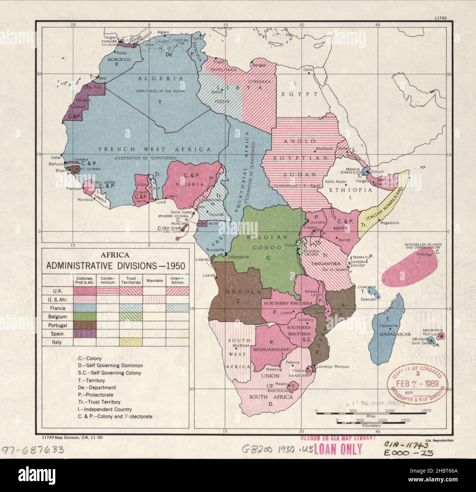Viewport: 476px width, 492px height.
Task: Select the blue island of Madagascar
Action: (x=387, y=329)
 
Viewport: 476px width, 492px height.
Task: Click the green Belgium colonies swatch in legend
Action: (x=84, y=316)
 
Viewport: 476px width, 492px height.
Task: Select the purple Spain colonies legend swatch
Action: (x=84, y=333)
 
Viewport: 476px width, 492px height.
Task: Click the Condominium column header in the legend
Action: (x=108, y=279)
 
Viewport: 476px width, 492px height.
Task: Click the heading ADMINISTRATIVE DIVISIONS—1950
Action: (x=116, y=265)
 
